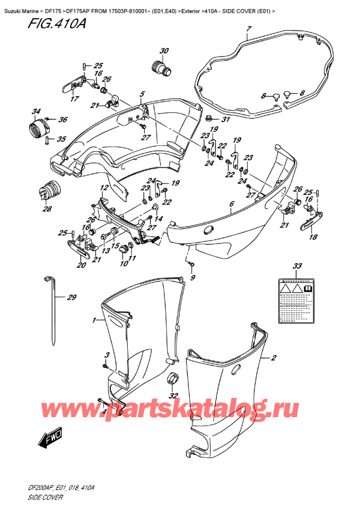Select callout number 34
(x=37, y=112)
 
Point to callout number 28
(x=47, y=209)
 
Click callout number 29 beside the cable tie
(x=73, y=298)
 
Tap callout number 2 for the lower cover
(x=274, y=359)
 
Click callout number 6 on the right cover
(x=232, y=204)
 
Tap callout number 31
(x=226, y=119)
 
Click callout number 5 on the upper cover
(x=142, y=94)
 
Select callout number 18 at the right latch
(x=313, y=237)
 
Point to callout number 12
(x=104, y=188)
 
